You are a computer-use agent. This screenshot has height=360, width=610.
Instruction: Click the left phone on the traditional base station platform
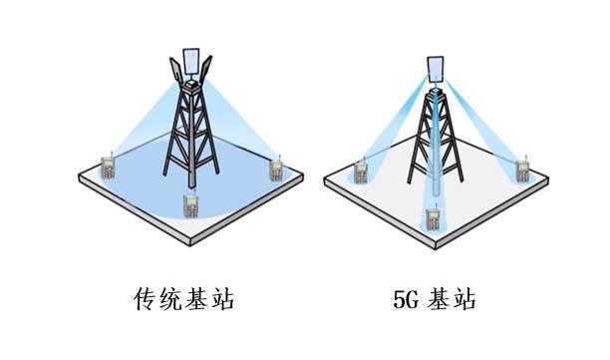pos(108,167)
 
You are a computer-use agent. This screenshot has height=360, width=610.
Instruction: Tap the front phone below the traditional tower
pos(189,206)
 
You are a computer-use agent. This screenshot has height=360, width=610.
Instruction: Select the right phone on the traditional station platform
pos(276,168)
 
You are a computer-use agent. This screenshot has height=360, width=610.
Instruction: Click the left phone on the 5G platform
pos(361,172)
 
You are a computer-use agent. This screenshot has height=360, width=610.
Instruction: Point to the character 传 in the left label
pos(146,297)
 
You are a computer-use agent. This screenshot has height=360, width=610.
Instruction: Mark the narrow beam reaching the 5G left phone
pos(394,130)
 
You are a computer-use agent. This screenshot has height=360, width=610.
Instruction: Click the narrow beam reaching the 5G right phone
pos(483,130)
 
